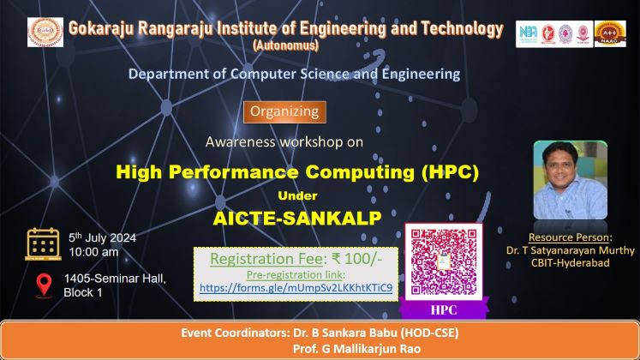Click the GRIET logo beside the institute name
[x=45, y=33]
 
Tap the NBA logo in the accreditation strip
[x=528, y=34]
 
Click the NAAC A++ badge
[x=610, y=33]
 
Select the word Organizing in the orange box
[x=284, y=111]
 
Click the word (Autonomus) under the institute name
[x=285, y=45]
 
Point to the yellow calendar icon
[x=43, y=244]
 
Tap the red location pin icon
[x=44, y=285]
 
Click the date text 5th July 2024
[x=103, y=237]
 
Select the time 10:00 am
[x=93, y=252]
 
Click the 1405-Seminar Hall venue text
[x=115, y=279]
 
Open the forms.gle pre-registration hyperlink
[x=296, y=288]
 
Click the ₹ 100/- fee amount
[x=356, y=259]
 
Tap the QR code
[x=444, y=261]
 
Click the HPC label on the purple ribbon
[x=444, y=310]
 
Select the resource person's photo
[x=571, y=180]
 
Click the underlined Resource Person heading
[x=571, y=237]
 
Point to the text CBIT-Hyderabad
[x=571, y=262]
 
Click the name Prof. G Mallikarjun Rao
[x=356, y=349]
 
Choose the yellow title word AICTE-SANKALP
[x=297, y=219]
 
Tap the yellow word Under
[x=297, y=196]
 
